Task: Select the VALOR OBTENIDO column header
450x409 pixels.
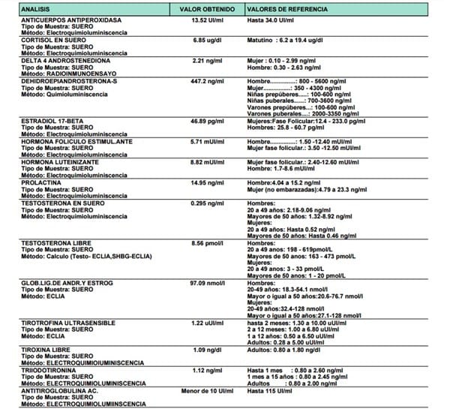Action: [201, 8]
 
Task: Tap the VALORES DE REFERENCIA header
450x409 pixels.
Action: [283, 8]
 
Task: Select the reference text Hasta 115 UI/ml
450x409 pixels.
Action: [268, 389]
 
